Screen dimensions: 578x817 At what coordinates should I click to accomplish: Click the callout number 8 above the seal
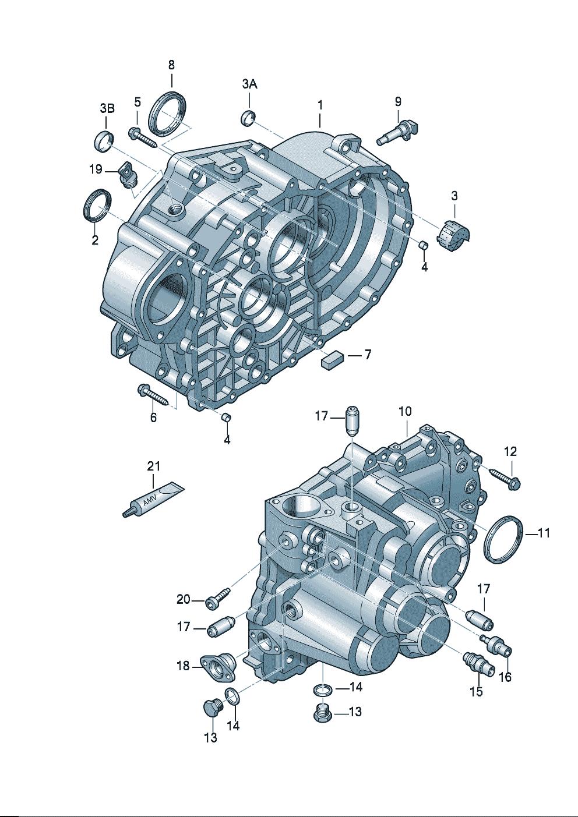[x=171, y=65]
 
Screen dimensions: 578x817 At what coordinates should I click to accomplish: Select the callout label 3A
[x=249, y=84]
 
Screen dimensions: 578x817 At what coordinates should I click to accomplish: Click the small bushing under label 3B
[x=104, y=140]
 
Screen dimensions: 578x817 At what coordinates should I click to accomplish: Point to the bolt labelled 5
[x=143, y=137]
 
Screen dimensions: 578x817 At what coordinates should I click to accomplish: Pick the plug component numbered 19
[x=128, y=175]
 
